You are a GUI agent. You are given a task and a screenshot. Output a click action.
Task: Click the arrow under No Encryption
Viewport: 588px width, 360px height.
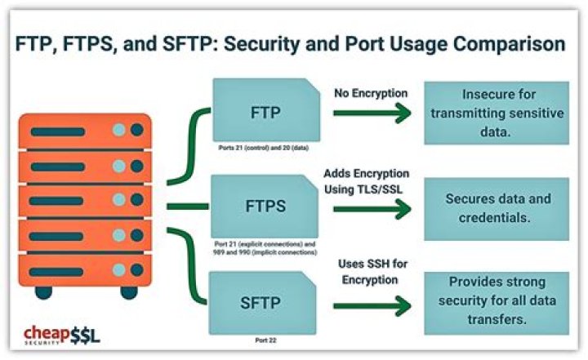click(372, 114)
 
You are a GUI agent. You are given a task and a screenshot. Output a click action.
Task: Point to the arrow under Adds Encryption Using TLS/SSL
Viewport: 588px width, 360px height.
click(372, 210)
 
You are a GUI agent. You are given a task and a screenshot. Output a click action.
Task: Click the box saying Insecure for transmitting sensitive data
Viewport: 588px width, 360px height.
click(496, 113)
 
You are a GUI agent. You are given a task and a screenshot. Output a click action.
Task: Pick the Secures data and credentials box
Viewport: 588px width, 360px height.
click(496, 209)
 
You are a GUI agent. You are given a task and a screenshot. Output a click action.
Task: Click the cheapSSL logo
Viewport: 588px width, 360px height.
click(61, 335)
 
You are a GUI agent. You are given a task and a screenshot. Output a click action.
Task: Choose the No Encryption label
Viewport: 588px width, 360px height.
click(371, 93)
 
